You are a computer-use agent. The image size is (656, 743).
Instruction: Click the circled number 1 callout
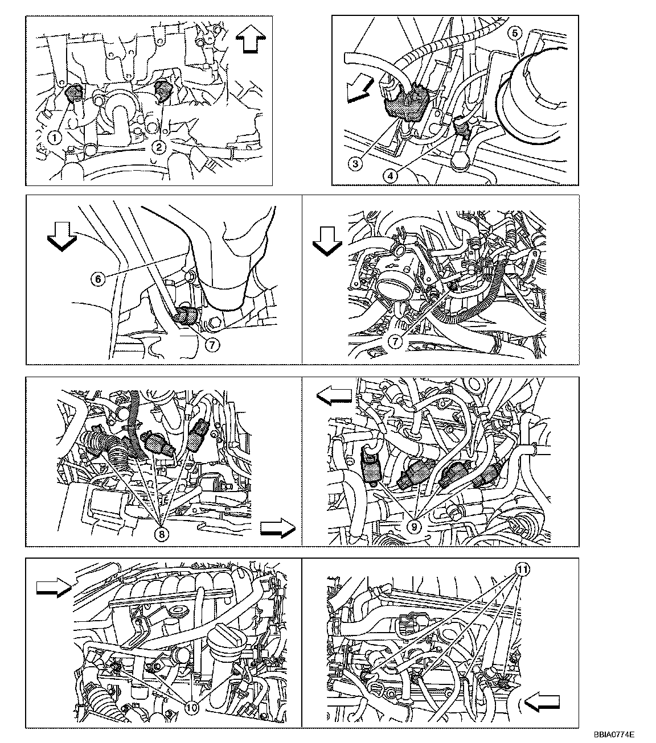pyautogui.click(x=55, y=138)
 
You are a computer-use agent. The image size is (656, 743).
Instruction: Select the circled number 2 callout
pyautogui.click(x=159, y=147)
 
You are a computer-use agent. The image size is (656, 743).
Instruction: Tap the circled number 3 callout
pyautogui.click(x=355, y=164)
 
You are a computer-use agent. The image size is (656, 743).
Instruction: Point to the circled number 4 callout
pyautogui.click(x=390, y=176)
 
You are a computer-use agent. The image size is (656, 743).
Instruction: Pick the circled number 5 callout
pyautogui.click(x=515, y=34)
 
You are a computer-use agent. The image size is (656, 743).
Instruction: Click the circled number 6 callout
pyautogui.click(x=98, y=279)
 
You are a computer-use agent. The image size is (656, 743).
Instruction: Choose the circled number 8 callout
pyautogui.click(x=162, y=535)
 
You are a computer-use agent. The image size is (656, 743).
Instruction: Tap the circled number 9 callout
pyautogui.click(x=414, y=527)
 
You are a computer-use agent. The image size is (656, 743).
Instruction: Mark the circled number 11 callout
pyautogui.click(x=523, y=569)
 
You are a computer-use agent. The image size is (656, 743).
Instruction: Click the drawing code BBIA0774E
pyautogui.click(x=614, y=734)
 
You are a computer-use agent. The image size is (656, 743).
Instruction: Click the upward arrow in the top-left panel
pyautogui.click(x=251, y=40)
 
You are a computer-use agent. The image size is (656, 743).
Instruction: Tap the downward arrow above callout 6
pyautogui.click(x=62, y=238)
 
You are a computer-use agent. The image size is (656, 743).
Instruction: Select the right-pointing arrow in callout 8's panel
pyautogui.click(x=278, y=529)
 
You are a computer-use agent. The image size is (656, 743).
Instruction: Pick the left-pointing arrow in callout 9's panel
pyautogui.click(x=334, y=396)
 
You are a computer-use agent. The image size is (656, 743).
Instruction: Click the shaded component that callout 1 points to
pyautogui.click(x=74, y=93)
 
